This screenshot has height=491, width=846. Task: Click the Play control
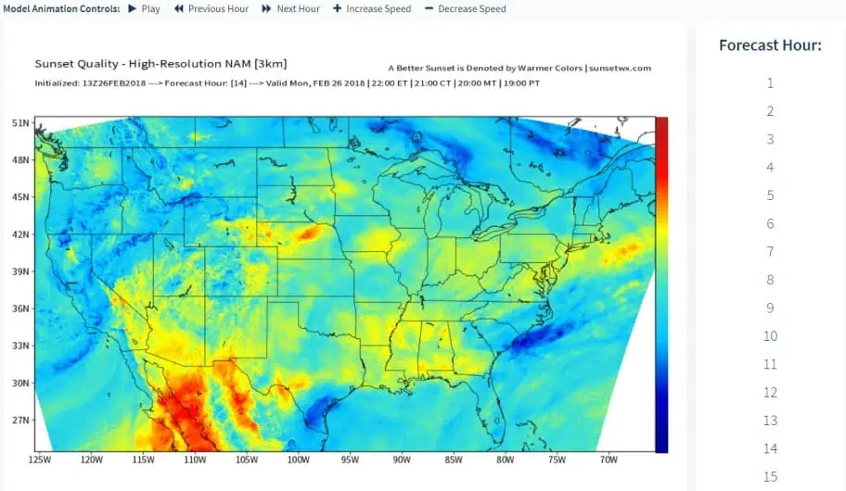click(144, 8)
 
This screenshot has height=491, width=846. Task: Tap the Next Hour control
click(290, 8)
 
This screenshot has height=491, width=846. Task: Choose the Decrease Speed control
click(465, 8)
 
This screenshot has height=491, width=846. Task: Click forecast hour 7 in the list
click(770, 252)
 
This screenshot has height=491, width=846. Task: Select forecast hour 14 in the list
click(770, 449)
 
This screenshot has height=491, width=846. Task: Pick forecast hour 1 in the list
click(770, 83)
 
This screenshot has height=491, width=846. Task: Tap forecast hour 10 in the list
click(770, 336)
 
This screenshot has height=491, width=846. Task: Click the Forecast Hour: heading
click(770, 45)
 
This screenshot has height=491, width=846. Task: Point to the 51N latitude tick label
click(19, 123)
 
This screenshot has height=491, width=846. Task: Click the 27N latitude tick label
click(19, 420)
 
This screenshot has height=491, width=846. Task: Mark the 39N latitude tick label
click(19, 271)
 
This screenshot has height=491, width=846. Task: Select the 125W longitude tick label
click(40, 460)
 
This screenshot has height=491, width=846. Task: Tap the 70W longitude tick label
click(609, 460)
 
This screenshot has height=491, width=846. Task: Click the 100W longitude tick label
click(298, 460)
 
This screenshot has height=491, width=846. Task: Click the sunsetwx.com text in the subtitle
click(621, 69)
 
